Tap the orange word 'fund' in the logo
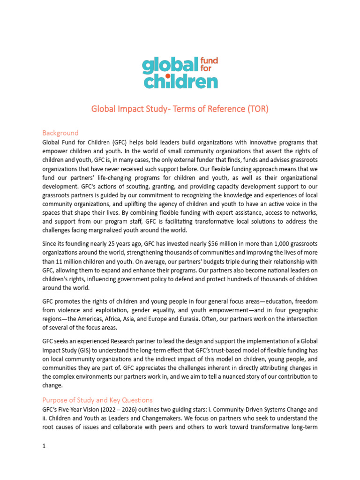coord(209,61)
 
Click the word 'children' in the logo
coord(180,82)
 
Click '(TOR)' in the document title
coord(258,109)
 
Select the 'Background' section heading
coord(60,133)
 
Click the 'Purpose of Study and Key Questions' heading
coord(97,400)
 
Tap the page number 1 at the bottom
coord(44,447)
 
